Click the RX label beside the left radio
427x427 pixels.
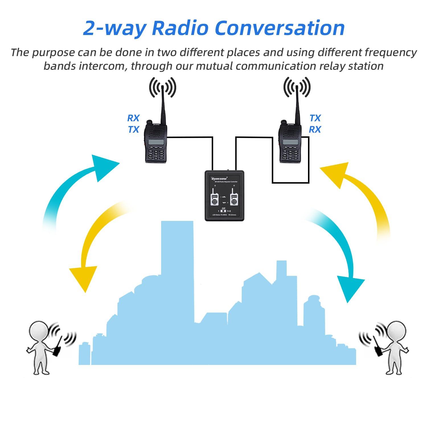133,118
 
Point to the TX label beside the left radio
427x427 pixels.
133,130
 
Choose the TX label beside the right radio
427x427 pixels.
315,118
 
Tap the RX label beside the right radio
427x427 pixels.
315,130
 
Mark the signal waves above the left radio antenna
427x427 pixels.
163,87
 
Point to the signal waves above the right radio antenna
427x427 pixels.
297,87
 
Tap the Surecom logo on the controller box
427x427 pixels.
219,178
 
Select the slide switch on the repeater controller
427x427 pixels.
223,211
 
